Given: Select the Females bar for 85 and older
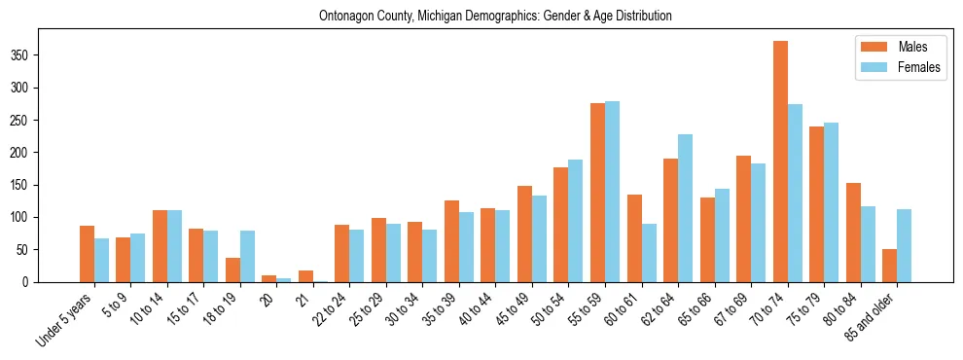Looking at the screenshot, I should (904, 245).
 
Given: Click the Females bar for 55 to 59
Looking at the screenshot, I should (612, 192).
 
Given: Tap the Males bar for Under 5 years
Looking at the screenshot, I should (87, 254).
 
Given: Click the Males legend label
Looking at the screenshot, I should (912, 47).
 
